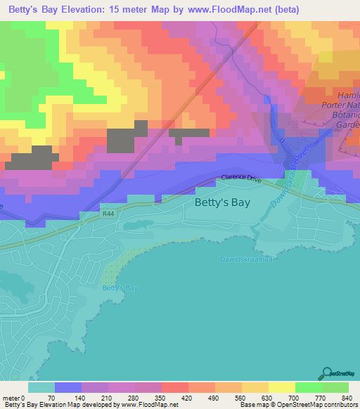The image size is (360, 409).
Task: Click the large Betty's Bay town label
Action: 219,204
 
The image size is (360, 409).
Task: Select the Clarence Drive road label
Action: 241,178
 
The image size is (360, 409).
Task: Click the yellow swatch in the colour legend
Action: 281,387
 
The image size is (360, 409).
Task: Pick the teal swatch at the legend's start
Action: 41,387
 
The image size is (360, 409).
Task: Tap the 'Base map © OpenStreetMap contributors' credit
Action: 298,404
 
